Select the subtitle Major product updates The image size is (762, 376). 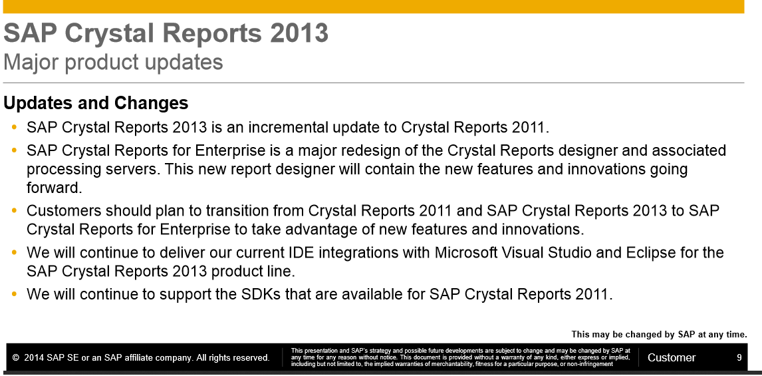click(113, 63)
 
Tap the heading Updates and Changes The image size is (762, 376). click(96, 103)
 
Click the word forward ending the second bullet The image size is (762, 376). click(53, 188)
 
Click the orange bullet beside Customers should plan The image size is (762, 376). click(15, 211)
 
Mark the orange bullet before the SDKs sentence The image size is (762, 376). click(15, 294)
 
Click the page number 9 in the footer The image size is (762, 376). click(739, 357)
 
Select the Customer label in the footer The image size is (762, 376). click(671, 357)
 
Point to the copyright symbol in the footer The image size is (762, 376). click(15, 358)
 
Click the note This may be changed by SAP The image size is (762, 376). click(659, 335)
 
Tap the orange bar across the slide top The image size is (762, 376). click(372, 7)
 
